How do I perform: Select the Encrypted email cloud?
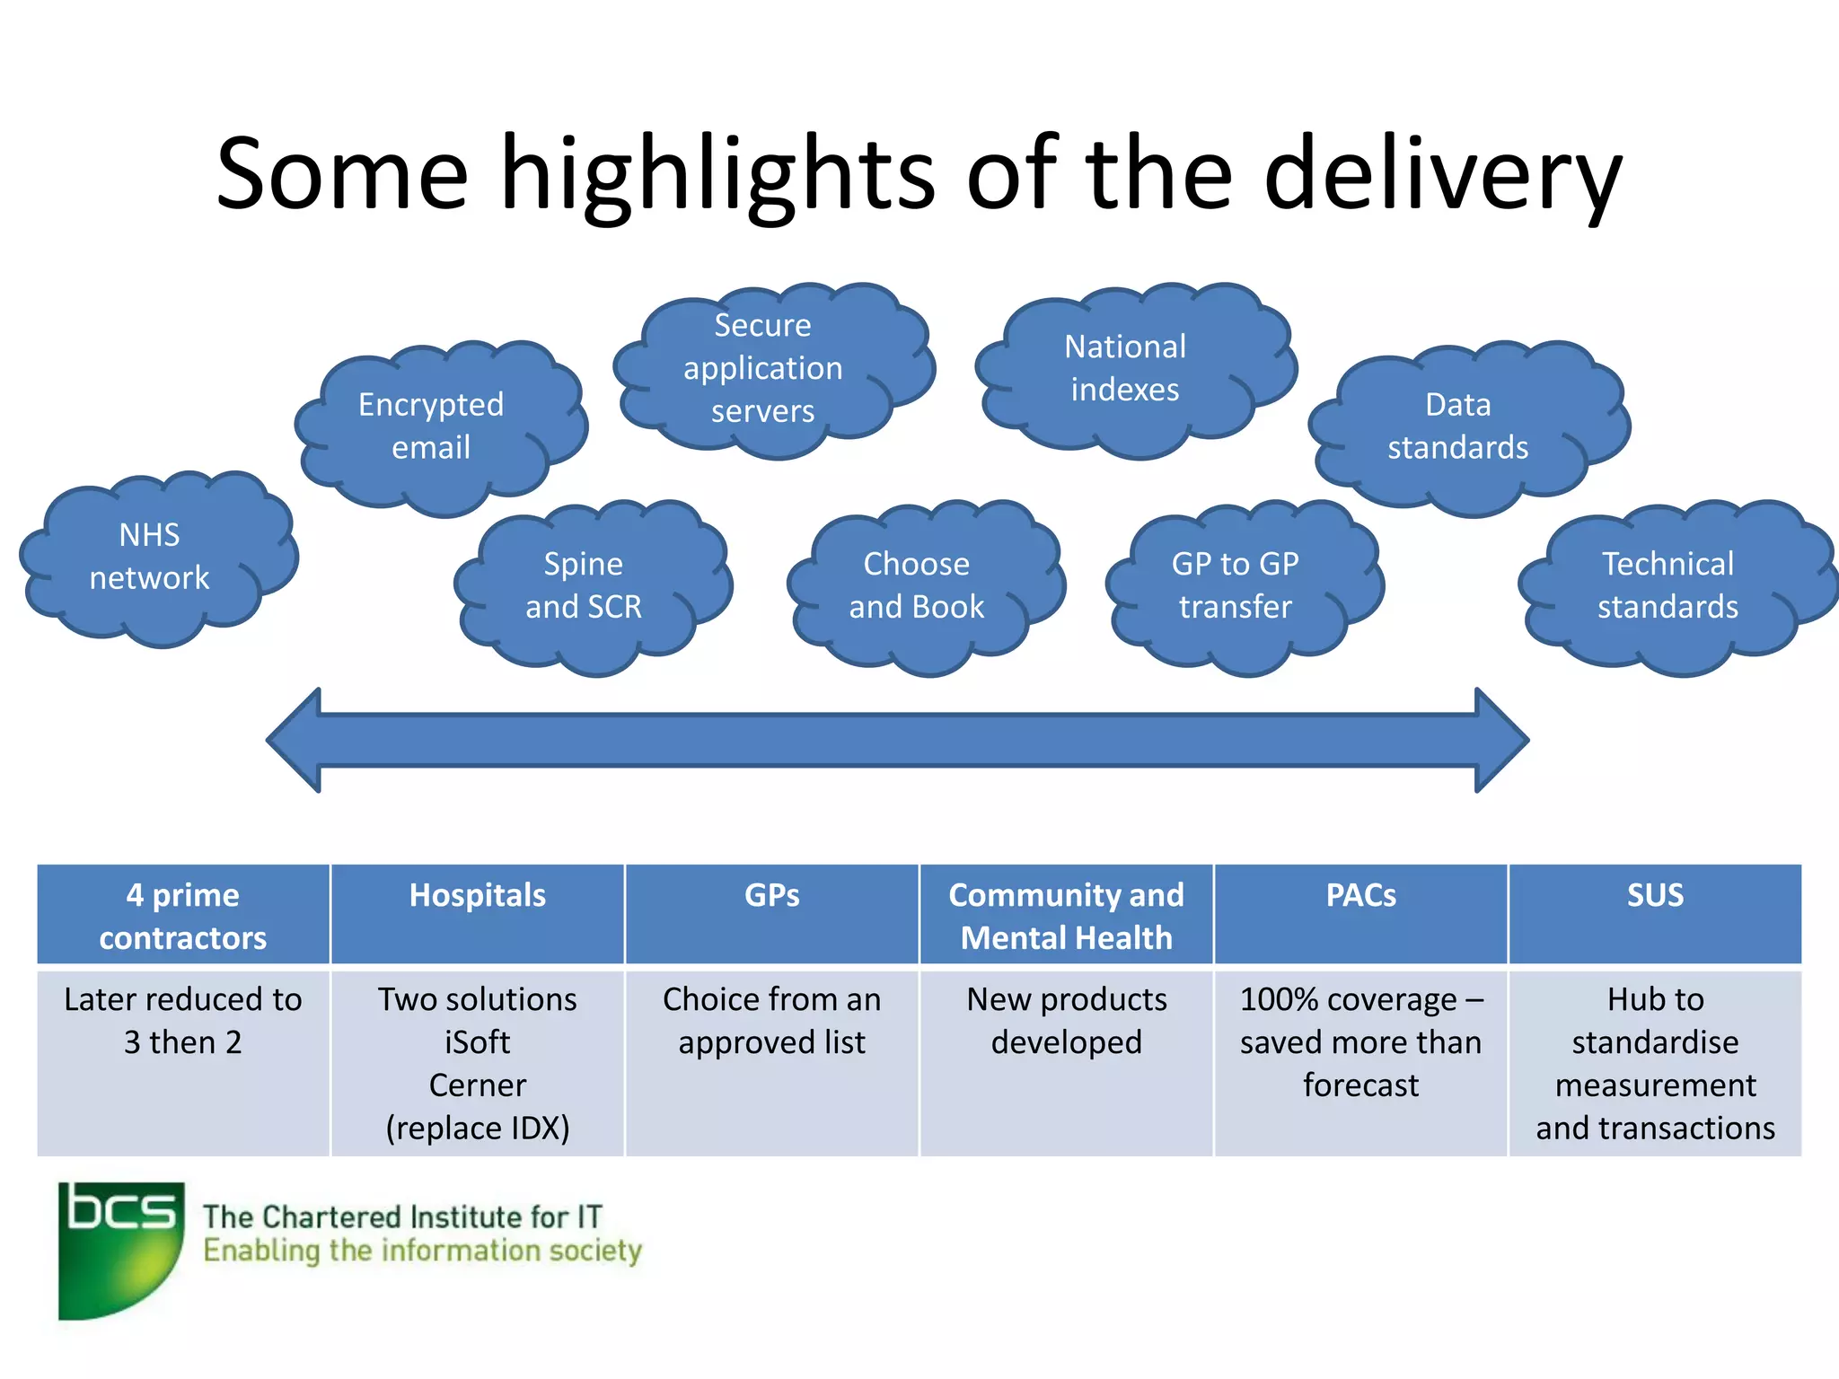pyautogui.click(x=433, y=426)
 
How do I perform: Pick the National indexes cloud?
pyautogui.click(x=1126, y=369)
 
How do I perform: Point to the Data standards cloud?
pyautogui.click(x=1458, y=426)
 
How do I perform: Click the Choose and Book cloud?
pyautogui.click(x=918, y=585)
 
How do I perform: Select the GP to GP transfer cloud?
pyautogui.click(x=1236, y=585)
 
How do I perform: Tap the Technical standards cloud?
pyautogui.click(x=1668, y=585)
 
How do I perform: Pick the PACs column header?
pyautogui.click(x=1360, y=896)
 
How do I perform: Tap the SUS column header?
pyautogui.click(x=1655, y=896)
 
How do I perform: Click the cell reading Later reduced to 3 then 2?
pyautogui.click(x=183, y=1022)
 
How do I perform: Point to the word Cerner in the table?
pyautogui.click(x=478, y=1085)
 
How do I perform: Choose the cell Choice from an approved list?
pyautogui.click(x=772, y=1022)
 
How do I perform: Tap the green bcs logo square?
pyautogui.click(x=120, y=1250)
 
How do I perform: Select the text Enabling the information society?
pyautogui.click(x=422, y=1251)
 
